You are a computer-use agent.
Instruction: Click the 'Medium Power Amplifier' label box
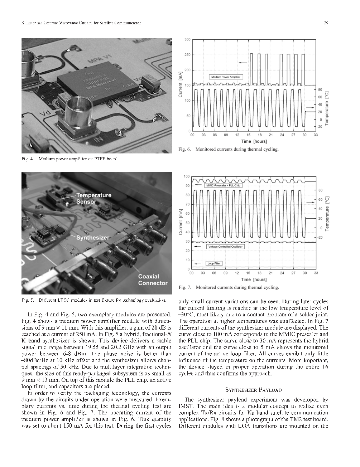pos(226,77)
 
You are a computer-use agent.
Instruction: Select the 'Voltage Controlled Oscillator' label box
pos(225,247)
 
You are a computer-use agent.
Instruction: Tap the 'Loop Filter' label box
pos(214,263)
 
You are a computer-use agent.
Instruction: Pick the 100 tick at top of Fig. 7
pos(187,176)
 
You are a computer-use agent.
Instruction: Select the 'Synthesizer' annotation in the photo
pos(93,238)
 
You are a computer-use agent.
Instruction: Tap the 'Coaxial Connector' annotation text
pos(153,280)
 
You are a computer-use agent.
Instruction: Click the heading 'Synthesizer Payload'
pos(253,390)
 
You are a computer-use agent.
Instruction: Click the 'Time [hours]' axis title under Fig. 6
pos(254,141)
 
